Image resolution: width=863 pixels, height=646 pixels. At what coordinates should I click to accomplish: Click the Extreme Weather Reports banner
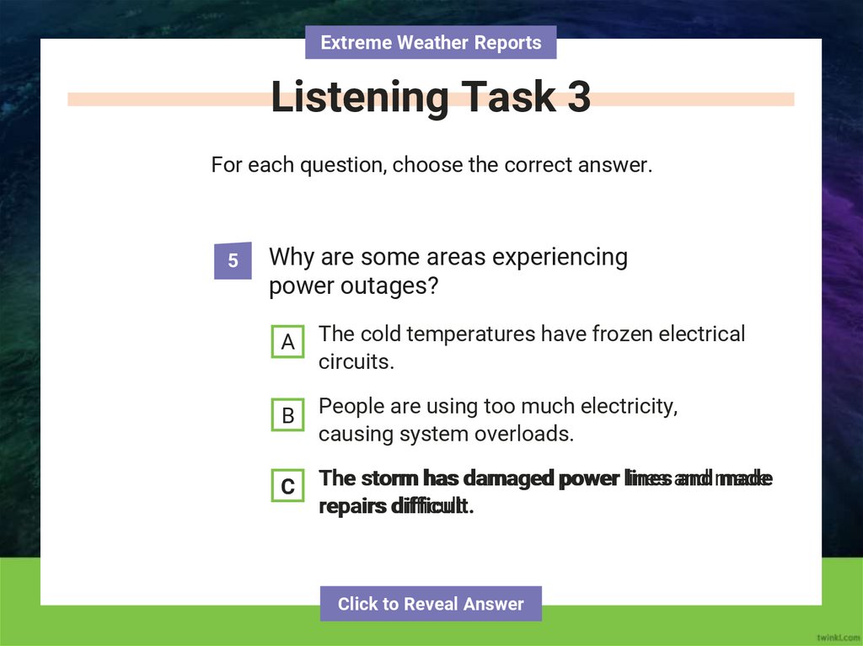coord(431,42)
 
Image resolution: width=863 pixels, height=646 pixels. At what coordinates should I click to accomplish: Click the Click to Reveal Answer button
coord(431,604)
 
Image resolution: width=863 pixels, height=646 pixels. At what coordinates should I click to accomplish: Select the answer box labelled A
coord(287,343)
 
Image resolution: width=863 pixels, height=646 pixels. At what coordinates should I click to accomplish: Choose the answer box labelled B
coord(287,415)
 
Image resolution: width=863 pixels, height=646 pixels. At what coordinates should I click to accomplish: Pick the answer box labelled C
coord(287,487)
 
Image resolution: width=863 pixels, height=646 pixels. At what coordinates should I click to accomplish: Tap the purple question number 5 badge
coord(233,261)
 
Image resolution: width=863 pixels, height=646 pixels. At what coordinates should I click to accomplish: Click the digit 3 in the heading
coord(579,98)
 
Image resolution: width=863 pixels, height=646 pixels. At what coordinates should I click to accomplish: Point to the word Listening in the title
coord(359,98)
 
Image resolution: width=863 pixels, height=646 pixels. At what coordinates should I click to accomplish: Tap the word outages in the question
coord(392,286)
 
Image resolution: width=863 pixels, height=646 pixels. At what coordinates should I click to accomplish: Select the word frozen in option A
coord(622,334)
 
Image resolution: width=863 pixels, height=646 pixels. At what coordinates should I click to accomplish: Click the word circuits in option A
coord(356,362)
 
